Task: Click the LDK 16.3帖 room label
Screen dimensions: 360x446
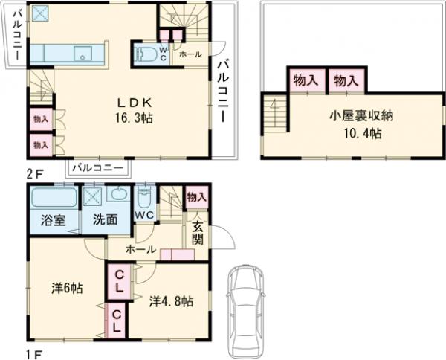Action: click(x=134, y=109)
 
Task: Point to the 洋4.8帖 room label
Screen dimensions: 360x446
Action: click(x=171, y=301)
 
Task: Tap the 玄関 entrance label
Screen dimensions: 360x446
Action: click(x=197, y=232)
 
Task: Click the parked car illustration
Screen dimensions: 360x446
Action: click(x=248, y=305)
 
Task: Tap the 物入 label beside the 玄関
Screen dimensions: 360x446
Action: click(x=195, y=197)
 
